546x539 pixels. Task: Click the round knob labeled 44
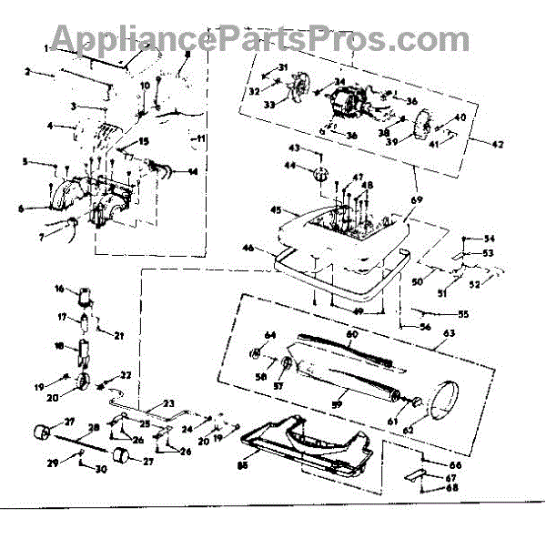pyautogui.click(x=321, y=173)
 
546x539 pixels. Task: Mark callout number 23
pyautogui.click(x=169, y=402)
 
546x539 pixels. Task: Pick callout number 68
pyautogui.click(x=452, y=487)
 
